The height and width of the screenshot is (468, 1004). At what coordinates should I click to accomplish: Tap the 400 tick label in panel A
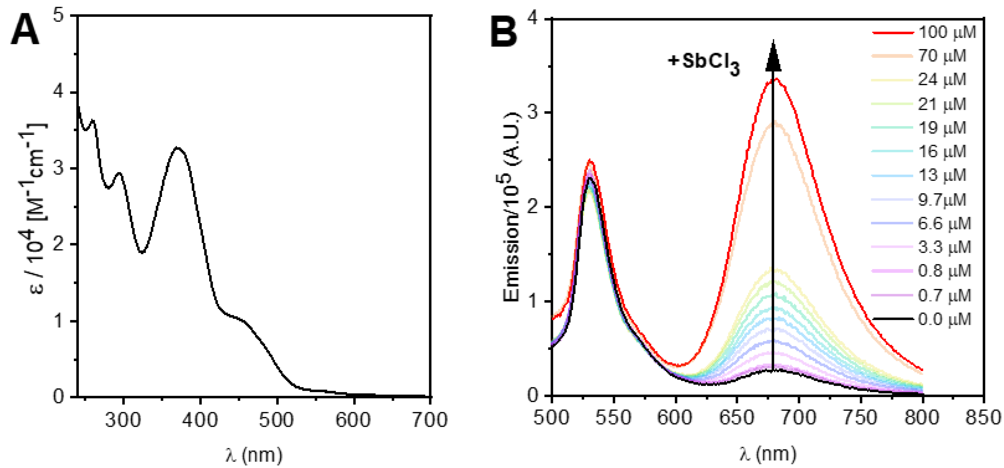coord(200,420)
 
